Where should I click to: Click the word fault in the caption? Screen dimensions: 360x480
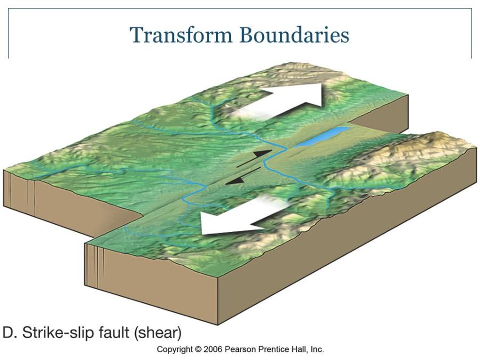pos(118,333)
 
